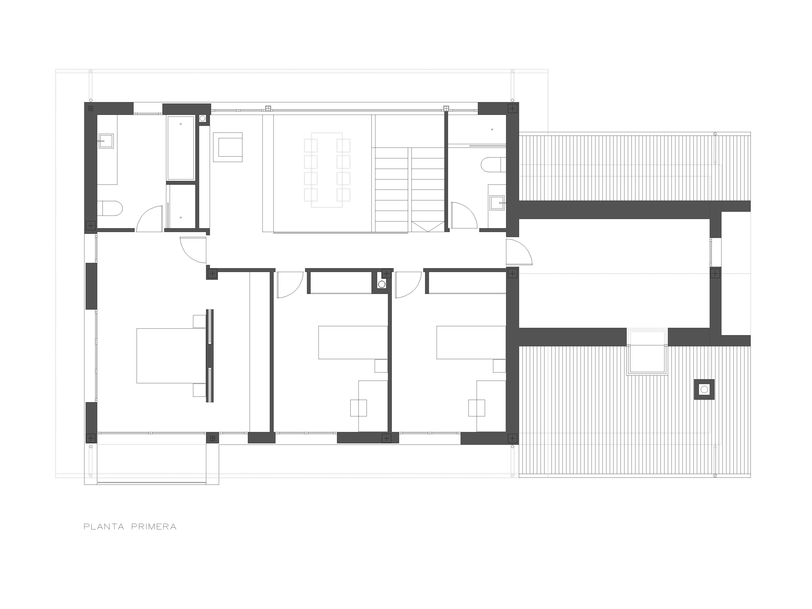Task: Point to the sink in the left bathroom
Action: pyautogui.click(x=106, y=141)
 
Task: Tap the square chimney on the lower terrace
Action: pyautogui.click(x=704, y=389)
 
